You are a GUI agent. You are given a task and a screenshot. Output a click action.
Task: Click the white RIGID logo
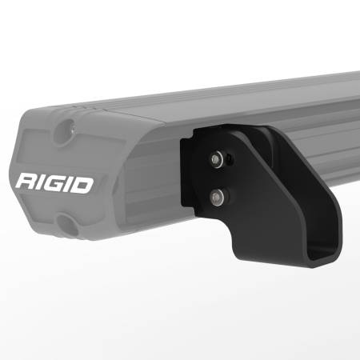tap(54, 178)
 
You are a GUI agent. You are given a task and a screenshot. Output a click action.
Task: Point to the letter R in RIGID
tap(26, 179)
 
